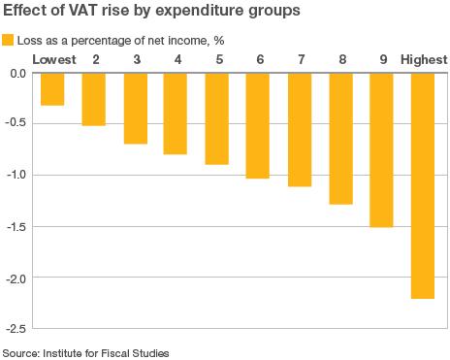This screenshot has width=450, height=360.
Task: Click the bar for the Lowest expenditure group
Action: click(52, 89)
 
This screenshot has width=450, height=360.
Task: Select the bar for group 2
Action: click(94, 99)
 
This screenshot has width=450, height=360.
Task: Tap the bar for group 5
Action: click(217, 118)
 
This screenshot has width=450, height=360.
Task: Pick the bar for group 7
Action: click(300, 129)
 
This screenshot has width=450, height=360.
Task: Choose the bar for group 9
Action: click(381, 149)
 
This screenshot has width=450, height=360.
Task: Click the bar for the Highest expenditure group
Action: click(424, 185)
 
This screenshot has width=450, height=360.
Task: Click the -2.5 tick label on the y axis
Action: click(16, 328)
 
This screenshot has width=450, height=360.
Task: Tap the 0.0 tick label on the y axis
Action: click(17, 74)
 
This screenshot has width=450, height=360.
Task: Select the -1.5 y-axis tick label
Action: click(16, 226)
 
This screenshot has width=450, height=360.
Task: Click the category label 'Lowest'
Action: click(53, 60)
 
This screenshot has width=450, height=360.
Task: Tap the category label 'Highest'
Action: click(424, 60)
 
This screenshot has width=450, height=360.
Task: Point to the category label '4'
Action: click(177, 60)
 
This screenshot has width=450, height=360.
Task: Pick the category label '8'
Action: click(341, 60)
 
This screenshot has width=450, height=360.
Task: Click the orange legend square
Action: click(9, 40)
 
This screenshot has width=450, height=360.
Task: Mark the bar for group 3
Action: click(136, 109)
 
